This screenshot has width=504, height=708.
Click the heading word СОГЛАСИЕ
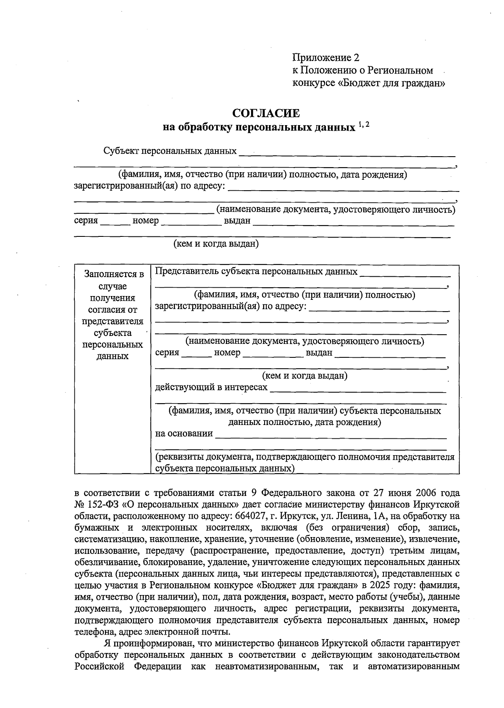point(266,113)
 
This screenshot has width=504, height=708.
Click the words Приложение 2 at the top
point(326,58)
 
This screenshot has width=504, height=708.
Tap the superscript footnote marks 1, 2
point(364,124)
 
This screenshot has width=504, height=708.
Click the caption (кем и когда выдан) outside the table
point(216,244)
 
